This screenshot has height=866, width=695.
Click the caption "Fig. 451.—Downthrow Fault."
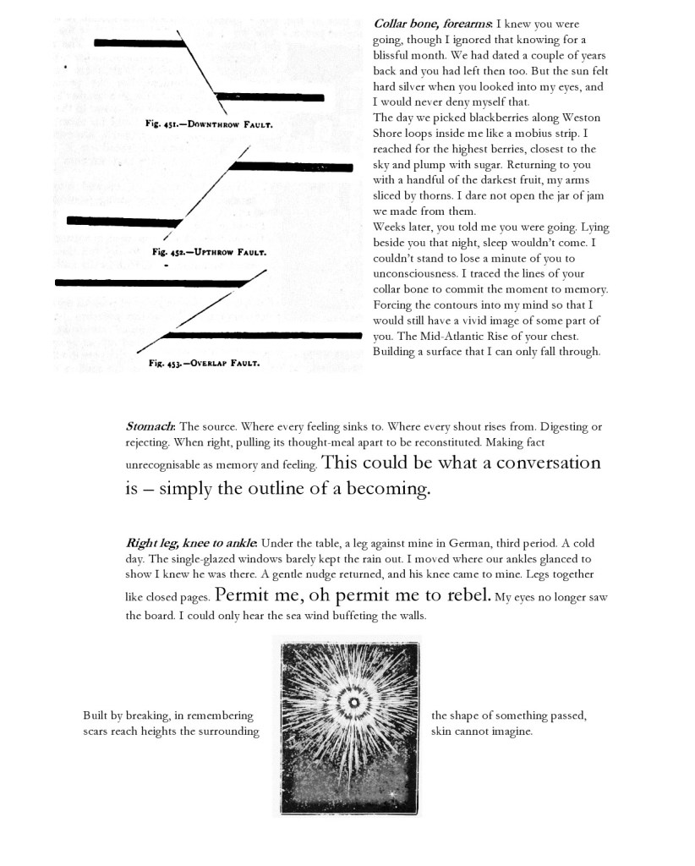pos(209,123)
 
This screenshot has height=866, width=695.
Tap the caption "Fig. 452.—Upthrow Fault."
pos(210,252)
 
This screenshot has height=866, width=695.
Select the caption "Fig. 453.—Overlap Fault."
pos(204,364)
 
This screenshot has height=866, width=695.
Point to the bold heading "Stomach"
pos(150,426)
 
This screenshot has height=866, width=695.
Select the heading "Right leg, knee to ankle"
pos(192,542)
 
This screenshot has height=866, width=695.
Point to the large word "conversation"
pos(548,463)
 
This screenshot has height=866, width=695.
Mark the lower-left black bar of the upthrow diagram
pos(123,222)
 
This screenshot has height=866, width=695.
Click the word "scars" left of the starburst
pos(97,732)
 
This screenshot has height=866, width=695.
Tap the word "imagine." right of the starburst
pos(511,732)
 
